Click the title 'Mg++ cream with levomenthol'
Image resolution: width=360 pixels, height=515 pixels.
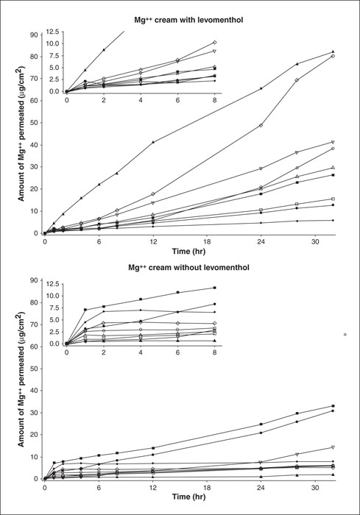coord(188,20)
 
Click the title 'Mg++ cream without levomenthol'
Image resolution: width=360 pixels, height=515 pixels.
coord(188,267)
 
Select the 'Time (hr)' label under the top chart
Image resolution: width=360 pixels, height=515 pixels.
coord(188,252)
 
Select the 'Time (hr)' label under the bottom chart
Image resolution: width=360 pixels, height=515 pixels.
coord(188,497)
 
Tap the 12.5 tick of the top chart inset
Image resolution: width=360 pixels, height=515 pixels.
coord(52,32)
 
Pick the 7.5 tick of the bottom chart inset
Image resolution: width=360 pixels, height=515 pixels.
coord(54,308)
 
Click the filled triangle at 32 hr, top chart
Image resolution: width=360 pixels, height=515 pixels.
coord(333,51)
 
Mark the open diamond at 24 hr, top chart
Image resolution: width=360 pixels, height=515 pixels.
coord(261,126)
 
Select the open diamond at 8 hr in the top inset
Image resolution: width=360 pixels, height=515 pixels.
coord(215,43)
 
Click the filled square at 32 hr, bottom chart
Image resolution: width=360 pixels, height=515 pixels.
coord(333,406)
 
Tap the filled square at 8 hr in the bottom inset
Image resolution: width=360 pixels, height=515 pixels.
coord(215,288)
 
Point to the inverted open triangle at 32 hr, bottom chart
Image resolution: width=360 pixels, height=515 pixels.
coord(333,447)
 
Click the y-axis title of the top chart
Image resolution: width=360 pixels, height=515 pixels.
coord(21,134)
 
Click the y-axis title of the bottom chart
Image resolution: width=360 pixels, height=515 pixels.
coord(21,380)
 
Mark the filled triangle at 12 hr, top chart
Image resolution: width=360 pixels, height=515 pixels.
coord(153,142)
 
